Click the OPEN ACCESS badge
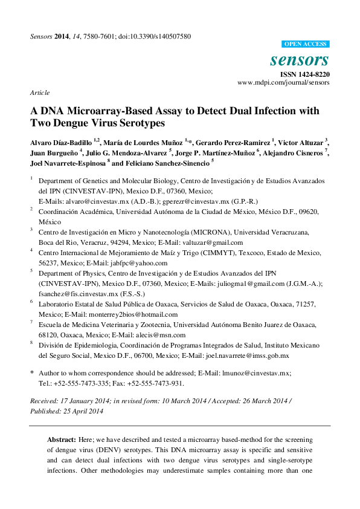[306, 44]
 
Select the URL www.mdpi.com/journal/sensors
[283, 82]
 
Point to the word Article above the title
[39, 92]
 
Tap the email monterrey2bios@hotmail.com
[133, 314]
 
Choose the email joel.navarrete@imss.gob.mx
[248, 356]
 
